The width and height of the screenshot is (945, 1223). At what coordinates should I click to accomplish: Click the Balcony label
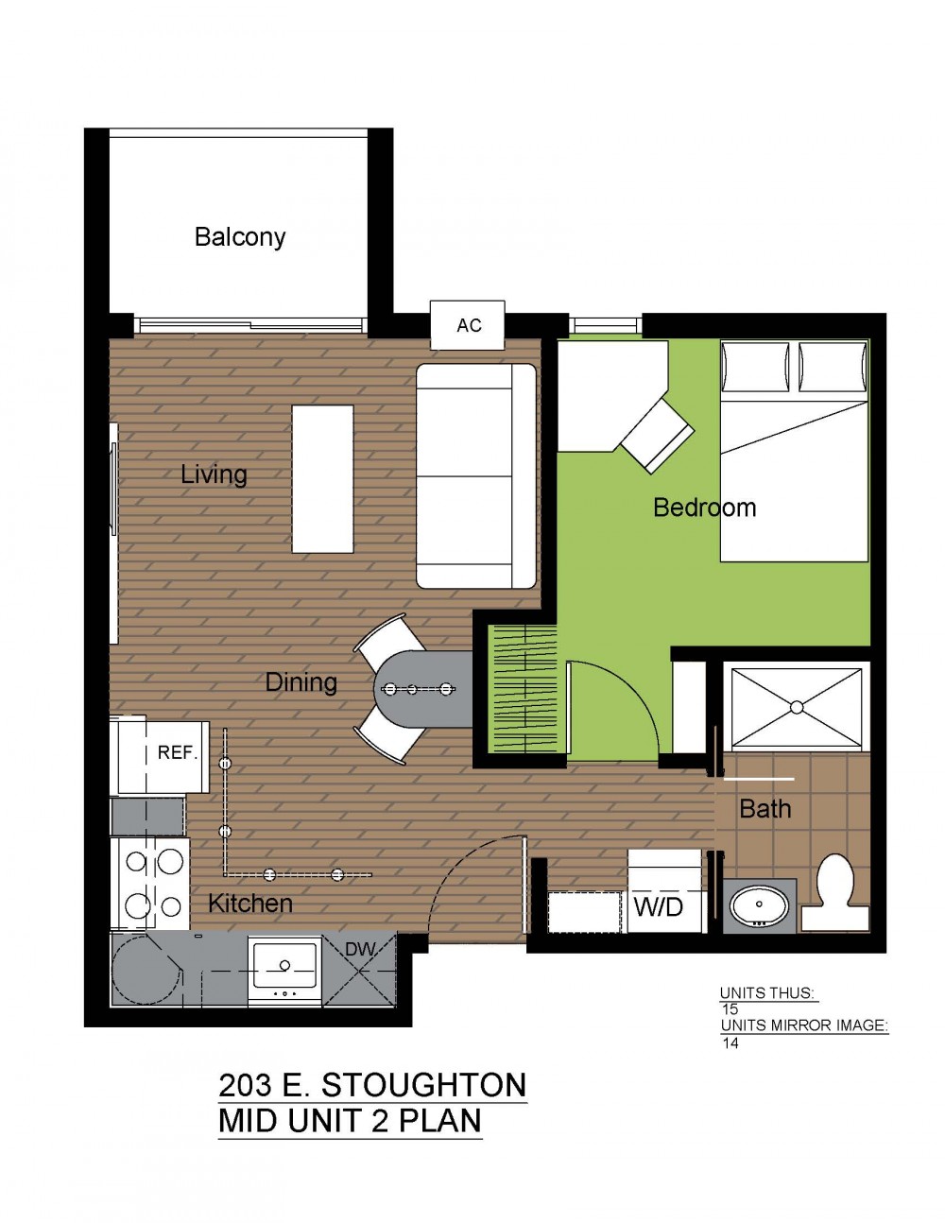[240, 237]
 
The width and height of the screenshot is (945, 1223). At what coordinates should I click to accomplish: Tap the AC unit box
[468, 325]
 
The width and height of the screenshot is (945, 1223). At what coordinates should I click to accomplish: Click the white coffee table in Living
[322, 478]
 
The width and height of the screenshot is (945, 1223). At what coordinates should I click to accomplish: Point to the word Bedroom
[704, 508]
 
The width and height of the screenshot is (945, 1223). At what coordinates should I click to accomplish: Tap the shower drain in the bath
[797, 706]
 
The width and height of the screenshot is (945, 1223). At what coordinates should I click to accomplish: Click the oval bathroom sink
[759, 905]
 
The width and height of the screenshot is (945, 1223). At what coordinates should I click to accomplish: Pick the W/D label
[658, 906]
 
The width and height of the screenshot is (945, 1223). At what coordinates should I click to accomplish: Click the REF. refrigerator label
[178, 753]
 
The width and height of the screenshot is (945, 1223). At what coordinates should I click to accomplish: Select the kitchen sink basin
[284, 966]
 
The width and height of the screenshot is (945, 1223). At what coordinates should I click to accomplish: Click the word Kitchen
[250, 904]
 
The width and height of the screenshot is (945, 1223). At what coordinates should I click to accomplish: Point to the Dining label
[301, 682]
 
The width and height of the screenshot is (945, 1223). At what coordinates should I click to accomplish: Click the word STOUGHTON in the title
[423, 1085]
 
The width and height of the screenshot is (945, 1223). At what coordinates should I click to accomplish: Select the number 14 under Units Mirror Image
[730, 1042]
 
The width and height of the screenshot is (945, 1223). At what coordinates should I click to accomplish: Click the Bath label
[765, 809]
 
